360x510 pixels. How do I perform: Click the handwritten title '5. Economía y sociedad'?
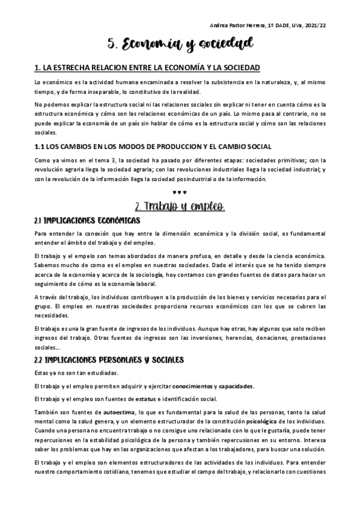coord(180,44)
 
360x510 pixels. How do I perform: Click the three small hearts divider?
coord(180,192)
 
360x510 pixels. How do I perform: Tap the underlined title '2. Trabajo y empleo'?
coord(180,207)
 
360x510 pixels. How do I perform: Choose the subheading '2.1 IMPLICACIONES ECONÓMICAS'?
coord(87,221)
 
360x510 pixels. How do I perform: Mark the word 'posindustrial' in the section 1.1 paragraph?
coord(214,179)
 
